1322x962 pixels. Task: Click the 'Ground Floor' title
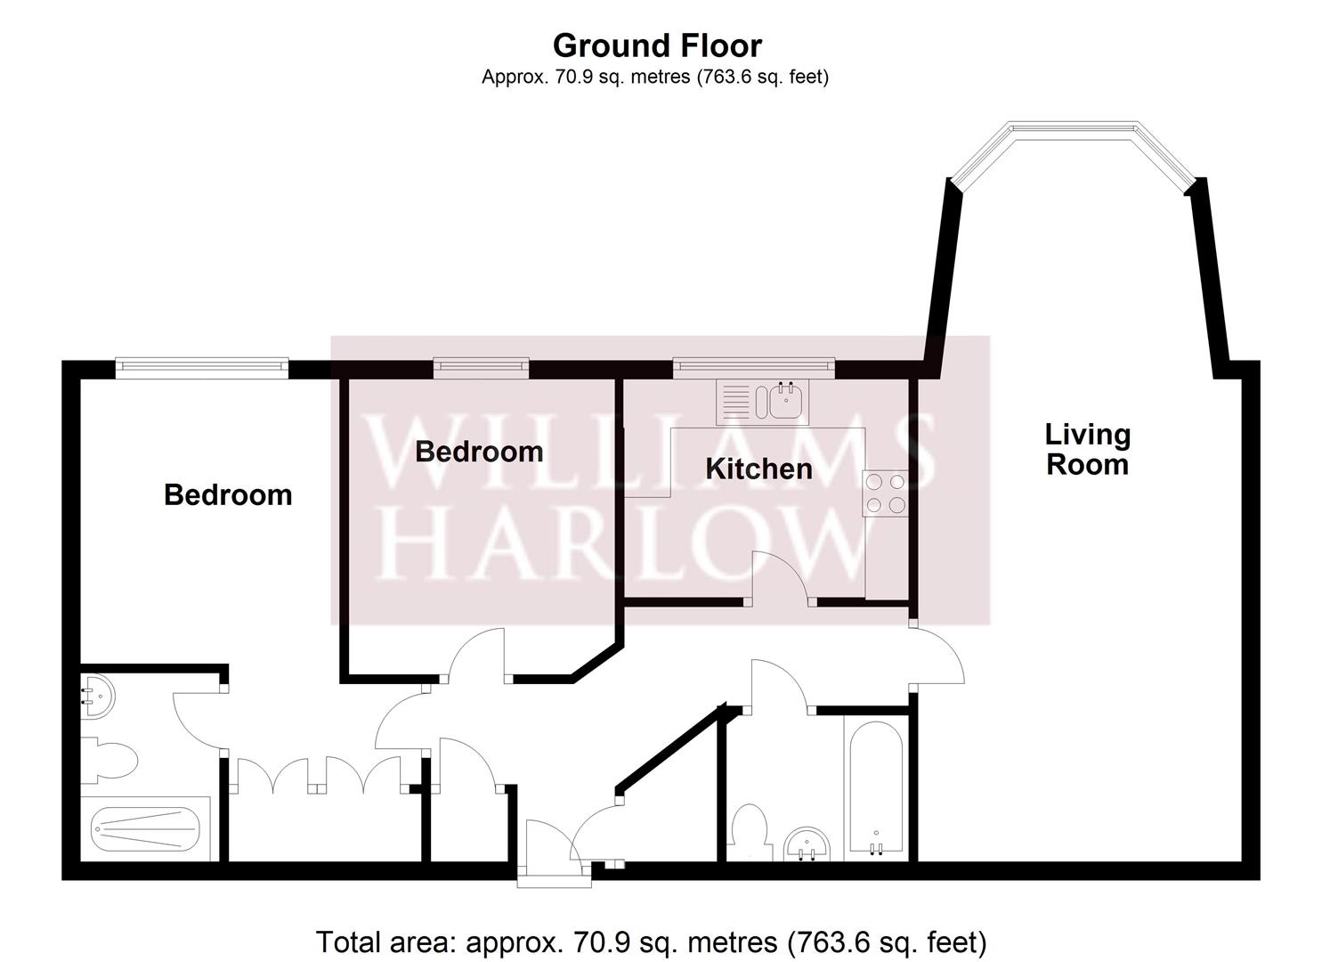point(657,45)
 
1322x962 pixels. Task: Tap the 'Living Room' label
point(1087,450)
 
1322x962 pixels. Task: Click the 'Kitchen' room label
point(758,469)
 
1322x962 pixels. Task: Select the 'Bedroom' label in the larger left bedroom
point(228,495)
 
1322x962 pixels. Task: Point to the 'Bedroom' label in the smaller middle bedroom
point(479,452)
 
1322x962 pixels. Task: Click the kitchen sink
point(763,402)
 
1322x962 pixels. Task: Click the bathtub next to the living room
point(875,789)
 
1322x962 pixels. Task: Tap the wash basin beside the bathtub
point(808,844)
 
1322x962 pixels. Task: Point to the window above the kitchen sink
point(753,365)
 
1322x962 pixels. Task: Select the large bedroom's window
point(202,365)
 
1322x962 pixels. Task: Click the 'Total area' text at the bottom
point(651,942)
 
